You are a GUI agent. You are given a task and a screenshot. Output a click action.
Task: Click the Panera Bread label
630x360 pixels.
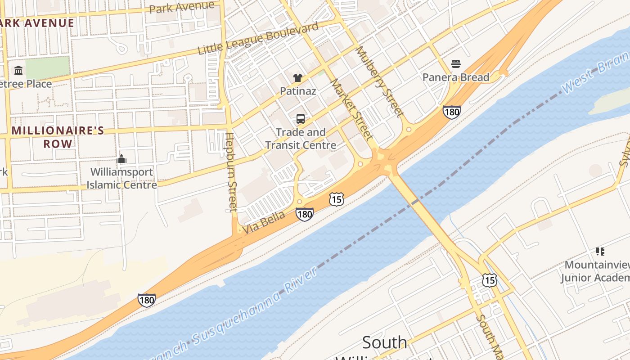(455, 77)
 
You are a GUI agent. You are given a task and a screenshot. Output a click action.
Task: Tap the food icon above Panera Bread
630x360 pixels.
(455, 64)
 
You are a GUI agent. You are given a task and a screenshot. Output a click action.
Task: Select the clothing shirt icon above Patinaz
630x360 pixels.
(297, 78)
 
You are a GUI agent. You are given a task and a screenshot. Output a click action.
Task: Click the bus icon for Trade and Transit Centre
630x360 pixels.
(300, 119)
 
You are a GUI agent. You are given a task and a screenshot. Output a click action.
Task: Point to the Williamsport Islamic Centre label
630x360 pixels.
(121, 178)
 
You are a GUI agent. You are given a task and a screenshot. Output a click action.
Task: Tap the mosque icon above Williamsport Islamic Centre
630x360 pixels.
(121, 159)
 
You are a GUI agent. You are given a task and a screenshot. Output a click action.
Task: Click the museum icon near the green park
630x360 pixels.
(18, 70)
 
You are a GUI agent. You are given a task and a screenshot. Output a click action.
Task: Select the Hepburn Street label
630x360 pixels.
(231, 172)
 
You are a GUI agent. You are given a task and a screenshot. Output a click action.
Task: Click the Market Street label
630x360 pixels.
(352, 109)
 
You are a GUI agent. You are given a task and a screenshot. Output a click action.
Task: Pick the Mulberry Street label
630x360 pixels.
(379, 82)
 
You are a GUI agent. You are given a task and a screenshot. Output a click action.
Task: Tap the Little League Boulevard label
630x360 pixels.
(258, 39)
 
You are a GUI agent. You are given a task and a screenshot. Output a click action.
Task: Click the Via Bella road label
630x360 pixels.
(264, 223)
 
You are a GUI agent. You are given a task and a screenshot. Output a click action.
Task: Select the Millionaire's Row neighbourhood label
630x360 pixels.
(58, 137)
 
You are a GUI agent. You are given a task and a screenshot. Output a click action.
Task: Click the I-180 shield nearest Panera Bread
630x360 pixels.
(451, 112)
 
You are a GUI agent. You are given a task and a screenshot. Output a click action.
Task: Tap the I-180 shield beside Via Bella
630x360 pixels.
(305, 214)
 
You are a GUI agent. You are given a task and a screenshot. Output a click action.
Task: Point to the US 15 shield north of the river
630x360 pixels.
(336, 199)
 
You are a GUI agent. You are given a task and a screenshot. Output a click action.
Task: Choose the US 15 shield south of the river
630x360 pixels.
(489, 280)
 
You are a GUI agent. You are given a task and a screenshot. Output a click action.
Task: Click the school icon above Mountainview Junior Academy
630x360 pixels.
(600, 251)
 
